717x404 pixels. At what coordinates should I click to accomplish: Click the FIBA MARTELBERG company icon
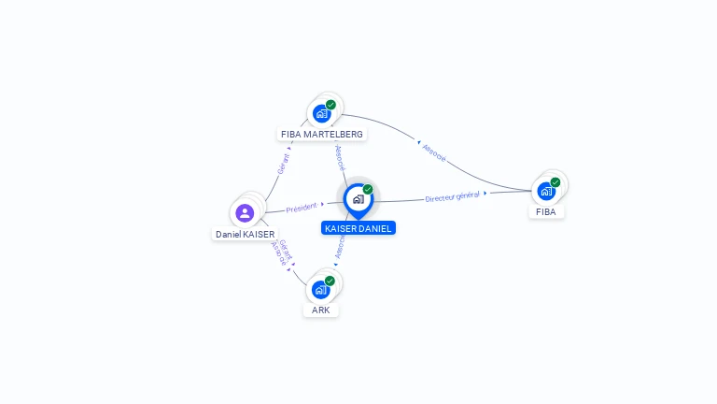322,113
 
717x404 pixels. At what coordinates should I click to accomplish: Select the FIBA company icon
546,191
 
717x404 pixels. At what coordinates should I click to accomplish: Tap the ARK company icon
321,289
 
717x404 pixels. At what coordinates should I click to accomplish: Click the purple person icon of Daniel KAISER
245,212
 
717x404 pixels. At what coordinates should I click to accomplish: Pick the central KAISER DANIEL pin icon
358,199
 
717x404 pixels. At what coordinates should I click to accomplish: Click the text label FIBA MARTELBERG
322,135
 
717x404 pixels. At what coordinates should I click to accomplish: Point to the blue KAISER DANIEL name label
358,228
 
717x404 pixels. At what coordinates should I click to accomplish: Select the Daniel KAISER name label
246,234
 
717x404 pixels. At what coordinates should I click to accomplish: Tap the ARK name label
321,310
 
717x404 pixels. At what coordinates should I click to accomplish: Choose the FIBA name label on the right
546,212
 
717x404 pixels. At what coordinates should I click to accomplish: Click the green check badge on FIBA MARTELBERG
330,105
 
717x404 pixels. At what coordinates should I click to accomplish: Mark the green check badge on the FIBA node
555,182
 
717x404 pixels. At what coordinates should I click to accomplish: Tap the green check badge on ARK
330,281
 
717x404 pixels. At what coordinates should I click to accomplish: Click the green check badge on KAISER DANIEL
368,190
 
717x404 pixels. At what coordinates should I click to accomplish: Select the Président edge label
302,208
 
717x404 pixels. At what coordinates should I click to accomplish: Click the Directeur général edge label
452,196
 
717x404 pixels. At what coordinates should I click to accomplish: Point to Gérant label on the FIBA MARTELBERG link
284,163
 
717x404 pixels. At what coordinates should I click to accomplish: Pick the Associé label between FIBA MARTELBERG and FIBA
434,153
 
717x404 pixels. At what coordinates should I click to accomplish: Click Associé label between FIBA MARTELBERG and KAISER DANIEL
340,156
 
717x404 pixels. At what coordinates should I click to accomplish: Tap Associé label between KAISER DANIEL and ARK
340,246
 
